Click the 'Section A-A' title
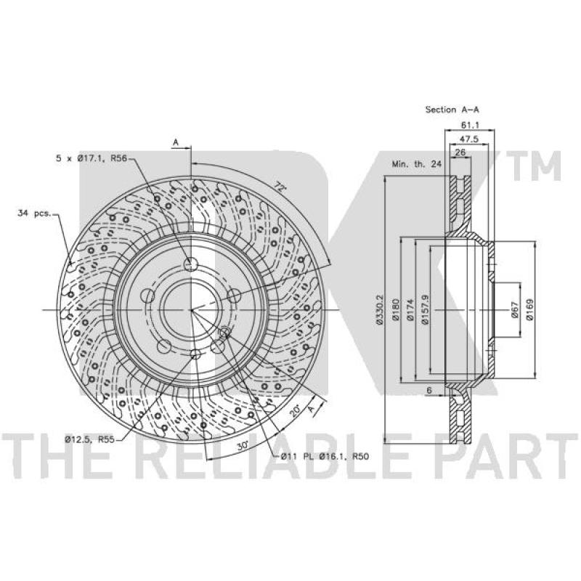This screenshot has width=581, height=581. click(452, 110)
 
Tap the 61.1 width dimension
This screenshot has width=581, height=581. click(470, 126)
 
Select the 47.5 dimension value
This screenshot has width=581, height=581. click(469, 139)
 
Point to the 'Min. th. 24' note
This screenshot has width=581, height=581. click(416, 164)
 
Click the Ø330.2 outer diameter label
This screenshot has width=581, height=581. click(379, 310)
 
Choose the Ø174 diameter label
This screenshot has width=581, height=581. click(410, 310)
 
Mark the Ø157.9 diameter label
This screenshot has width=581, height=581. click(425, 310)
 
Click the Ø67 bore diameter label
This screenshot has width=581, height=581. click(514, 310)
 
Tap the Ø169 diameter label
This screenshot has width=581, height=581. click(529, 310)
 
